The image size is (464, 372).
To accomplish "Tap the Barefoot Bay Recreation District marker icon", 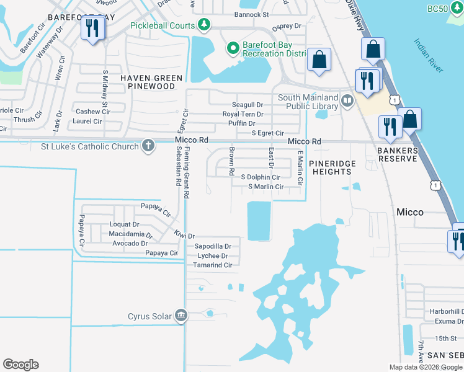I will [233, 48].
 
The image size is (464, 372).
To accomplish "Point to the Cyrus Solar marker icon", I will [181, 316].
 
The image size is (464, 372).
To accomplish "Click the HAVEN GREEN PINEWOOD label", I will [152, 82].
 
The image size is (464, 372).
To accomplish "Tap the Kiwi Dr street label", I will [184, 236].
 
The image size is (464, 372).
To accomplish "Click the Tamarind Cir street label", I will [214, 265].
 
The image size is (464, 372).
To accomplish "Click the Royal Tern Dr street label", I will [243, 114].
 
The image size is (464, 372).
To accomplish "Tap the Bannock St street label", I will [251, 14].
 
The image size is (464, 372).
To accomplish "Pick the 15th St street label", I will [445, 338].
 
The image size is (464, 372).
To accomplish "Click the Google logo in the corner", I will [20, 365].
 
